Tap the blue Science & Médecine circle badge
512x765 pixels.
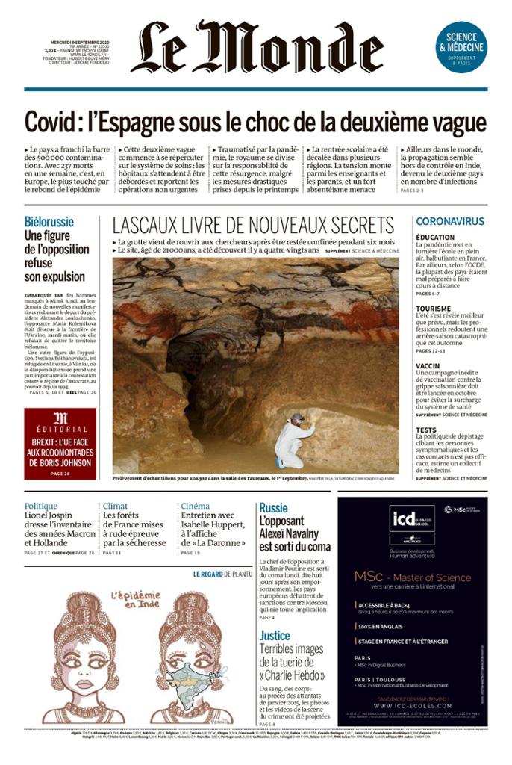461,46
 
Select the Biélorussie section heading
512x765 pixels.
49,222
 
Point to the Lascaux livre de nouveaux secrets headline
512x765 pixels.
253,225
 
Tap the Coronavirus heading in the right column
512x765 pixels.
450,221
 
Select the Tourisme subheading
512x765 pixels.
433,309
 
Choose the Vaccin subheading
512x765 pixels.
428,366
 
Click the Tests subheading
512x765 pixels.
426,430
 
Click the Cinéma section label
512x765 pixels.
195,506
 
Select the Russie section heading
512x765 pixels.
273,508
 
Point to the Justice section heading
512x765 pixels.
275,635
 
